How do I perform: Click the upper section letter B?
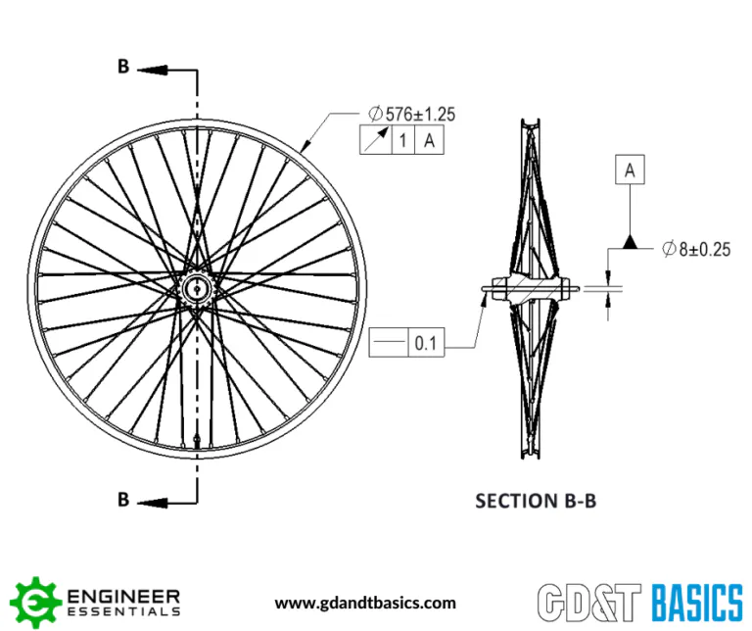[x=123, y=67]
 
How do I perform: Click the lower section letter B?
[x=123, y=500]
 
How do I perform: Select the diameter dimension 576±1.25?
[x=412, y=115]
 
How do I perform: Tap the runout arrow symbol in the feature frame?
[x=376, y=140]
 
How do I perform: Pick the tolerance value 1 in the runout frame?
[x=402, y=140]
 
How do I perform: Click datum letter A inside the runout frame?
[x=429, y=140]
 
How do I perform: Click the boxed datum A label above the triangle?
[x=630, y=170]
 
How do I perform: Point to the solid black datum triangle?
[x=631, y=242]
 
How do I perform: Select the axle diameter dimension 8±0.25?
[x=696, y=249]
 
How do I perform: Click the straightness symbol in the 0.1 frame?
[x=389, y=342]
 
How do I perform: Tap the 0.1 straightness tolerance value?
[x=426, y=343]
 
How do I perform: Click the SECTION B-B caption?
[x=536, y=501]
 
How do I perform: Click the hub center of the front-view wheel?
[x=197, y=288]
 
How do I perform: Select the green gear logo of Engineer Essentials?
[x=36, y=603]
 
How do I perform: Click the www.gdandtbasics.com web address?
[x=365, y=604]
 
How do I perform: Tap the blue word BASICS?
[x=697, y=603]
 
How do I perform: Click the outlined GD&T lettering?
[x=588, y=603]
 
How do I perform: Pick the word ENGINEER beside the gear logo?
[x=123, y=597]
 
